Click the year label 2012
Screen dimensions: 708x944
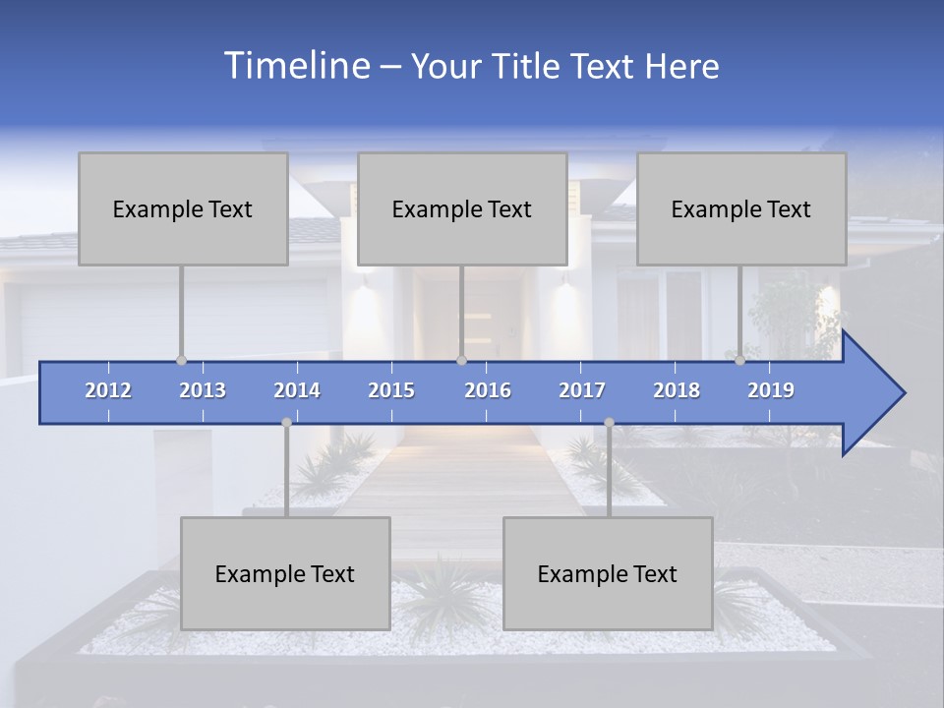pyautogui.click(x=108, y=390)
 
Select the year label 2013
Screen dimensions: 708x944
pyautogui.click(x=203, y=390)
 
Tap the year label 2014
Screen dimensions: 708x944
pyautogui.click(x=297, y=390)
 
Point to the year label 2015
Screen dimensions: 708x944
pyautogui.click(x=391, y=390)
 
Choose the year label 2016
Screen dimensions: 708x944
pyautogui.click(x=488, y=390)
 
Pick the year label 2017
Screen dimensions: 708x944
pyautogui.click(x=582, y=390)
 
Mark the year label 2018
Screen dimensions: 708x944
pyautogui.click(x=677, y=390)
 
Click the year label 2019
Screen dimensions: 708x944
pyautogui.click(x=771, y=390)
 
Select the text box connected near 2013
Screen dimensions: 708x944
pyautogui.click(x=183, y=208)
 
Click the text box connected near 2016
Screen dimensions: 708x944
pyautogui.click(x=462, y=208)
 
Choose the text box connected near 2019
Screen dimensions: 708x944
pyautogui.click(x=741, y=208)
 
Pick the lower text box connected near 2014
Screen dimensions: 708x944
pyautogui.click(x=285, y=573)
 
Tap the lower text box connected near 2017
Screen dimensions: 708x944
pyautogui.click(x=608, y=573)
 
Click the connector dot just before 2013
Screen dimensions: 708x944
pyautogui.click(x=181, y=360)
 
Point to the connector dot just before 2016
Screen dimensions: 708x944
pyautogui.click(x=461, y=360)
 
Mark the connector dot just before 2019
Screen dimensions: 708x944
pyautogui.click(x=739, y=360)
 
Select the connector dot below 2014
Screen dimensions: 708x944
pyautogui.click(x=286, y=422)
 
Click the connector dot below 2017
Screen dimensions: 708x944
pyautogui.click(x=609, y=422)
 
